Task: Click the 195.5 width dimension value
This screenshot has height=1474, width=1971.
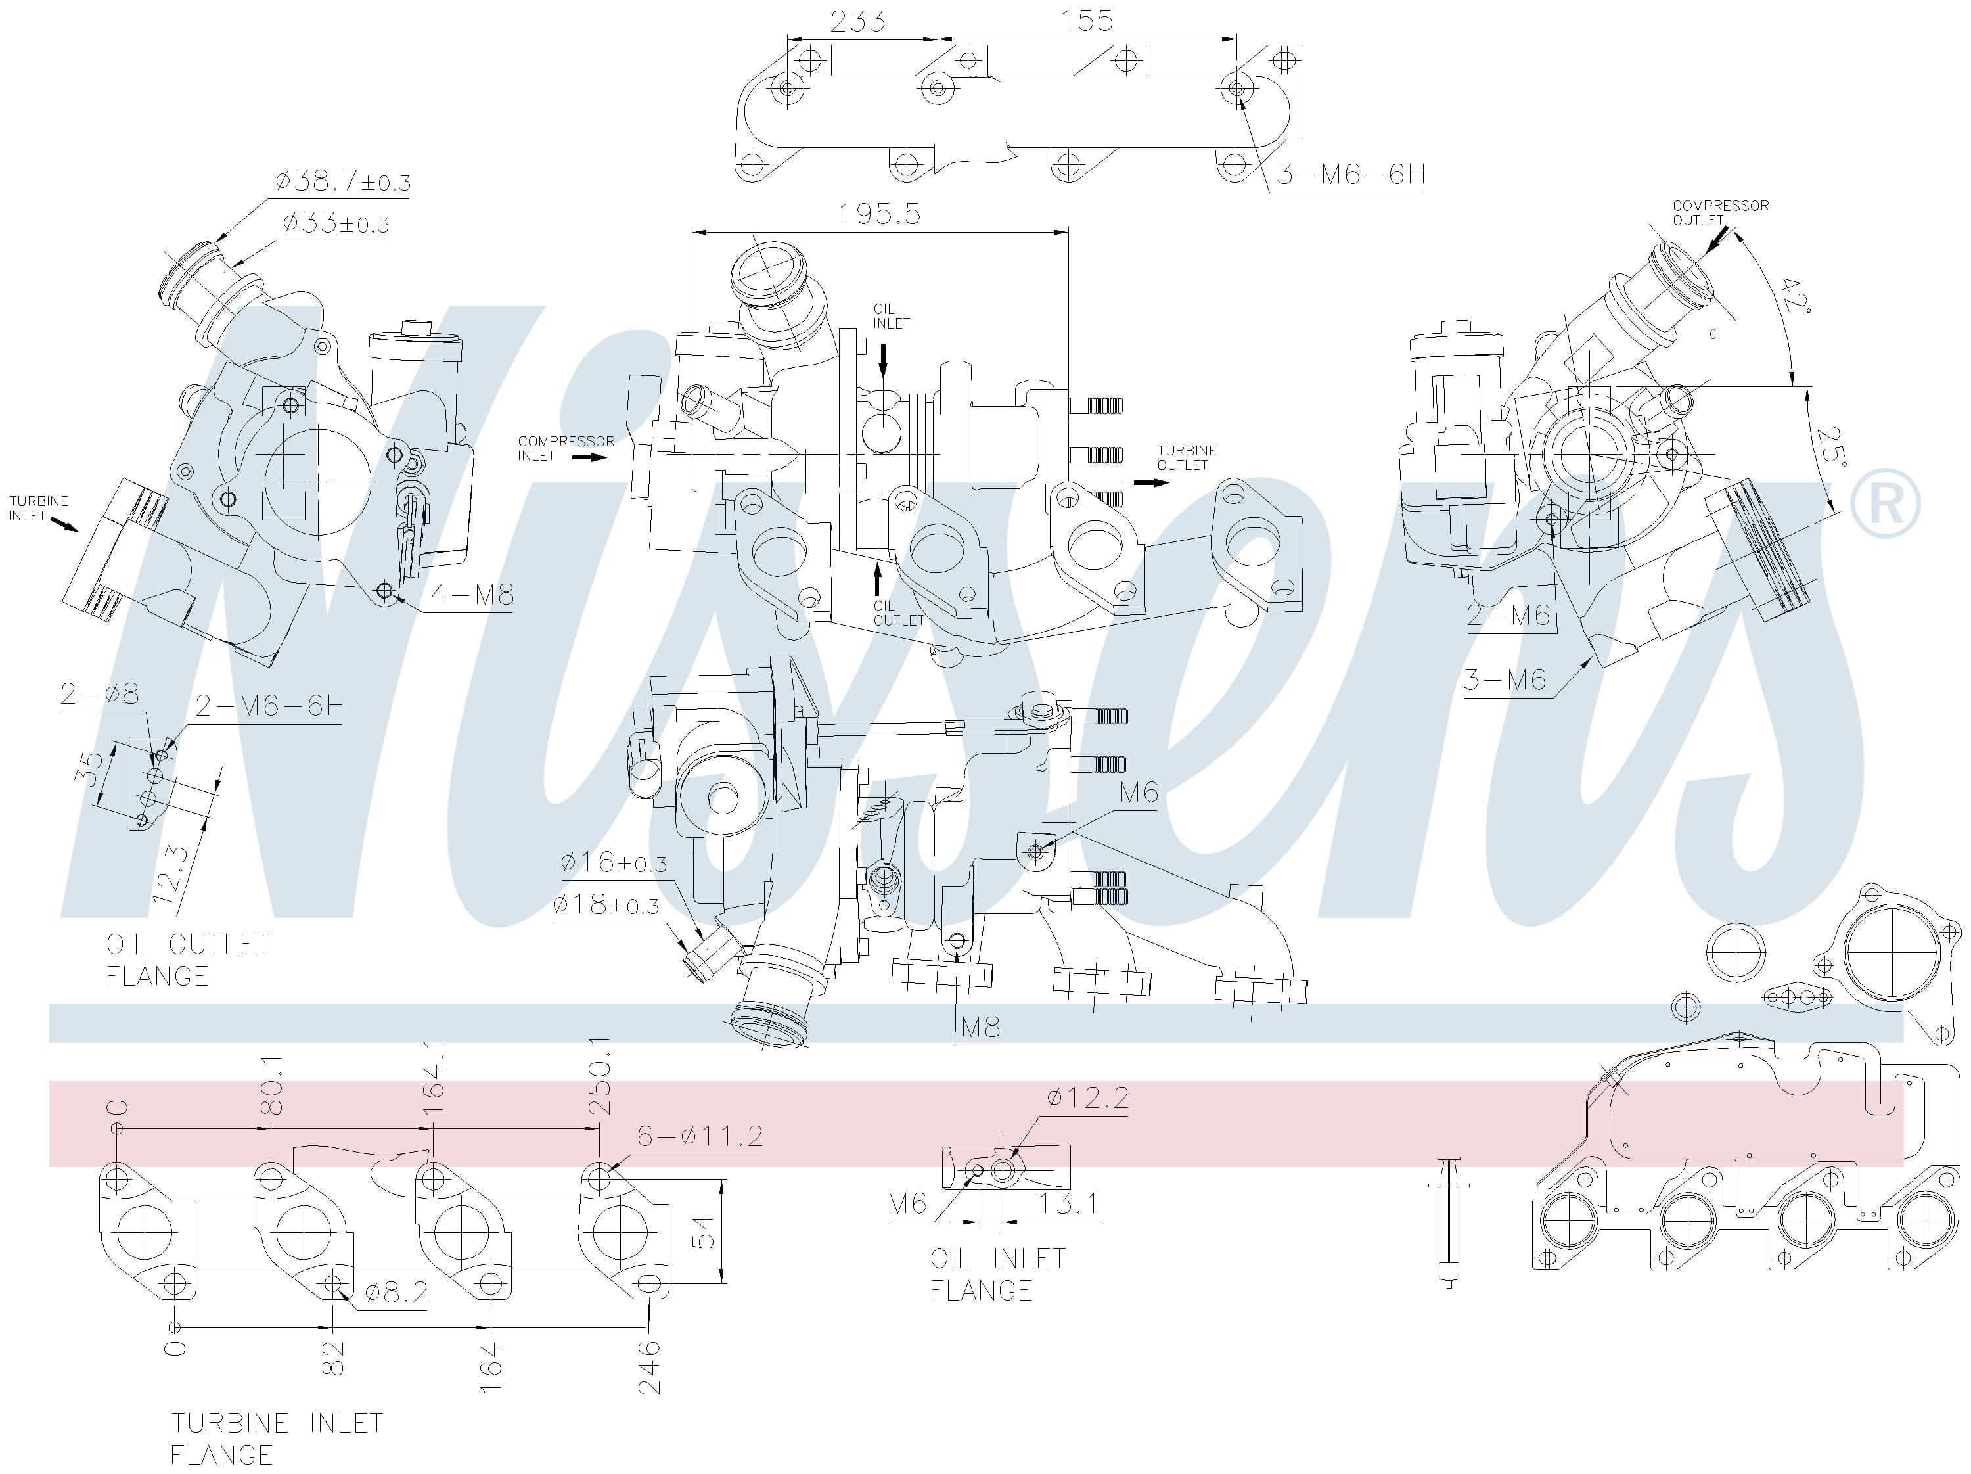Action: [880, 214]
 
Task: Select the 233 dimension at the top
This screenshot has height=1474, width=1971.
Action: [857, 20]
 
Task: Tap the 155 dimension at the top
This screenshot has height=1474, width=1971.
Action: [1087, 20]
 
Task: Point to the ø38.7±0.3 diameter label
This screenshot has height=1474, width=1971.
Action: [343, 182]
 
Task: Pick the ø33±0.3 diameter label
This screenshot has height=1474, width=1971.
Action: [336, 223]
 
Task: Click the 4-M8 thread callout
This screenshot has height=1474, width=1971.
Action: [472, 595]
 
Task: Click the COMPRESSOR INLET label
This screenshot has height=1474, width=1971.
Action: [566, 448]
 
